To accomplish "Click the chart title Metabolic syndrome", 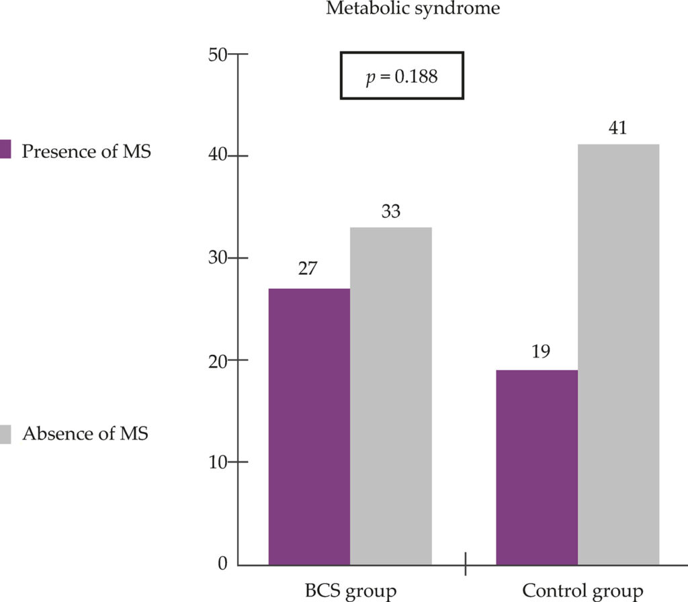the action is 413,8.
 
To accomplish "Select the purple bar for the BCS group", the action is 309,427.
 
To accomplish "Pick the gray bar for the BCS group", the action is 391,396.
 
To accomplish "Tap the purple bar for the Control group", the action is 537,468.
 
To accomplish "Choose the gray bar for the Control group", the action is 619,355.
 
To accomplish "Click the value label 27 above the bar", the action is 308,268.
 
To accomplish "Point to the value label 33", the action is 391,212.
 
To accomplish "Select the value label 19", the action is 541,351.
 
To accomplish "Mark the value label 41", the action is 618,128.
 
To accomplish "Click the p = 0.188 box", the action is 402,76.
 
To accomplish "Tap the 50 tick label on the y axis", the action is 218,55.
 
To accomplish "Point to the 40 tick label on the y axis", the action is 218,155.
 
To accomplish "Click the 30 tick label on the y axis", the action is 218,257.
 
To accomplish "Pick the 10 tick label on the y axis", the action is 218,462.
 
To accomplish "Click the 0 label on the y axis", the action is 223,564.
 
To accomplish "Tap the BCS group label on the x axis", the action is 351,592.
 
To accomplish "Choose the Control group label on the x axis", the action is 583,592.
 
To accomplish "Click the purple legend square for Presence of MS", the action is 5,149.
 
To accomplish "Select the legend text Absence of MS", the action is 85,433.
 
